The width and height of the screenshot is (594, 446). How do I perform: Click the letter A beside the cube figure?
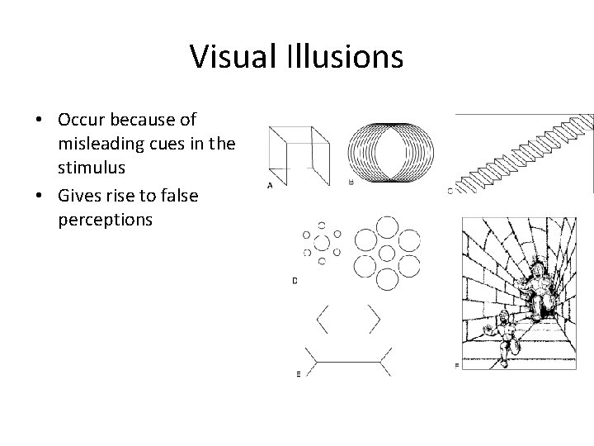[x=270, y=185]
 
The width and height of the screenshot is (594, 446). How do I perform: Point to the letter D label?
[x=295, y=282]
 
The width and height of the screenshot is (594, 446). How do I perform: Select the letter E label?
[x=298, y=374]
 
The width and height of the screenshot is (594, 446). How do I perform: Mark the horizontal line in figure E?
[x=347, y=361]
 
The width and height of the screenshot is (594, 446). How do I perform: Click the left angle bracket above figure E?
[x=323, y=319]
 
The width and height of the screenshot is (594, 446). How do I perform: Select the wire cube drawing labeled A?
[x=299, y=154]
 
